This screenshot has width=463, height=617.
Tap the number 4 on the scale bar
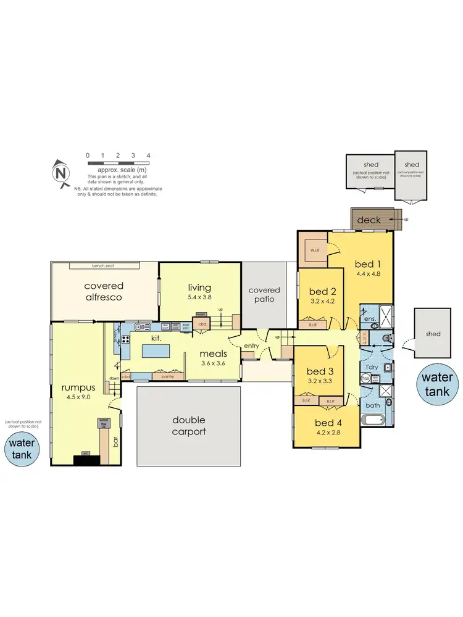[148, 155]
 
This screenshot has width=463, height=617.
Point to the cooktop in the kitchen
[125, 338]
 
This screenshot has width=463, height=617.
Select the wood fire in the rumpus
[102, 423]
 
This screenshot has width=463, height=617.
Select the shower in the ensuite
[385, 316]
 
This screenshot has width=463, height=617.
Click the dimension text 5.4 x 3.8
[199, 297]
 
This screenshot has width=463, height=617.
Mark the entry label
[251, 346]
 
